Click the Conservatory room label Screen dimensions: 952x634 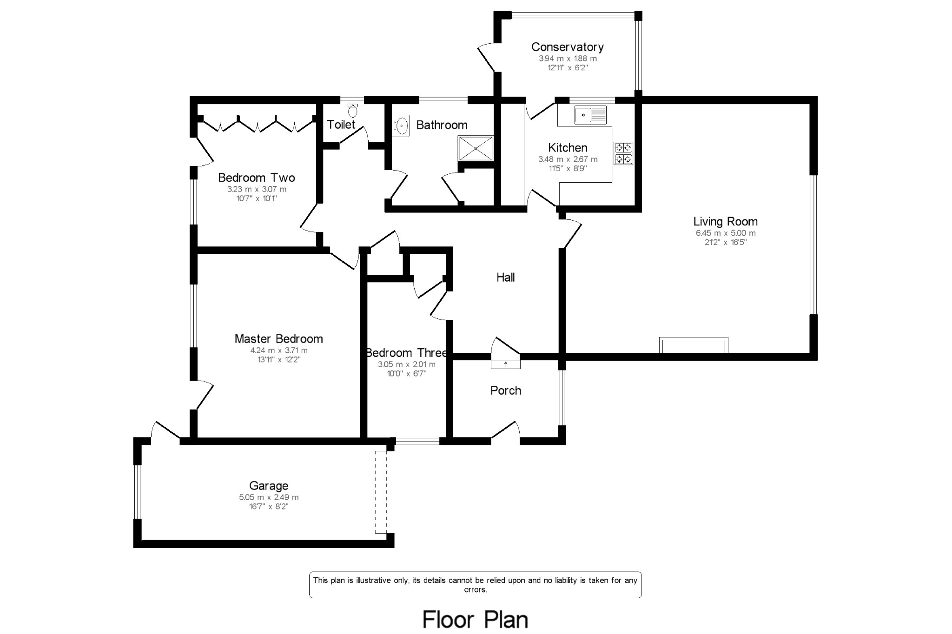pos(567,47)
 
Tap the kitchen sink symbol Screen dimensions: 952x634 pos(591,115)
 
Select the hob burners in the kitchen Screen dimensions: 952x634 pos(623,153)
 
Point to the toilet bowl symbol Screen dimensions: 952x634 pos(353,111)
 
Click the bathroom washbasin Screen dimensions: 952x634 pos(401,125)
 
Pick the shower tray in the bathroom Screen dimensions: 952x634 pos(476,148)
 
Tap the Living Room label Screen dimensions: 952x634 pos(725,222)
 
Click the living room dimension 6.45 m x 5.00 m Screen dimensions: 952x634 pos(725,233)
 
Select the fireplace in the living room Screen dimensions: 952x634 pos(694,345)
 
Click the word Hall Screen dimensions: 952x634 pos(505,277)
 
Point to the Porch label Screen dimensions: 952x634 pos(506,391)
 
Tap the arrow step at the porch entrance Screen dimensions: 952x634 pos(506,364)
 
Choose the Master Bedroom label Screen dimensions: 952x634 pos(278,339)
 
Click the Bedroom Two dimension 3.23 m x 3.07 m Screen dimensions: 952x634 pos(257,189)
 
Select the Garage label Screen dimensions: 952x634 pos(269,486)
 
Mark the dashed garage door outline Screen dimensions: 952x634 pos(381,492)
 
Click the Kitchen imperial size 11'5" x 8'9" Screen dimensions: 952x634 pos(568,168)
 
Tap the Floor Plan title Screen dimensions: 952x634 pos(475,620)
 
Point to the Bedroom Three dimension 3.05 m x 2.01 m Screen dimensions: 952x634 pos(406,364)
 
